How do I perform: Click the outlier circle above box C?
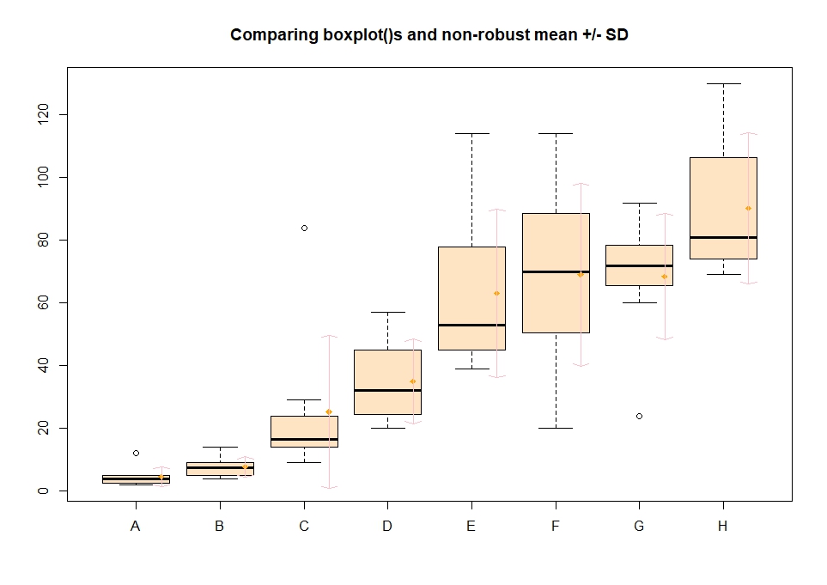pos(304,228)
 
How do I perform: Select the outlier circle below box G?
pos(639,416)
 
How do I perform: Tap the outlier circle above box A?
pos(136,453)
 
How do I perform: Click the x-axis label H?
pos(722,527)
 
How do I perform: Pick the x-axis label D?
pos(387,527)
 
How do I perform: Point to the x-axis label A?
pos(136,527)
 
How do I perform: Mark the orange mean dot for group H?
pos(748,208)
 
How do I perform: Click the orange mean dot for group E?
pos(496,293)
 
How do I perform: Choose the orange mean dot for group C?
pos(328,411)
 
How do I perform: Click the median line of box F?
pos(556,271)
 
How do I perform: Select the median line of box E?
pos(471,325)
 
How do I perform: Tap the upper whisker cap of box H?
pos(723,83)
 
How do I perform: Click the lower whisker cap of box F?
pos(556,428)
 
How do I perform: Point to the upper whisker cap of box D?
pos(387,312)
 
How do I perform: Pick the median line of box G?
pos(639,265)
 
